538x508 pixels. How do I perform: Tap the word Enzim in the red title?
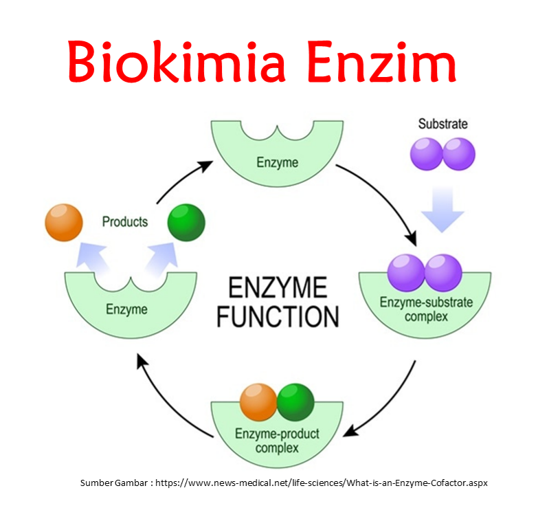coord(382,61)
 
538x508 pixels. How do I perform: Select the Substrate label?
coord(442,124)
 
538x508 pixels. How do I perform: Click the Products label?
coord(124,221)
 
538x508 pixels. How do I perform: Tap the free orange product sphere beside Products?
coord(63,222)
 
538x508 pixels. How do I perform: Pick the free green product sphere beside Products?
coord(186,222)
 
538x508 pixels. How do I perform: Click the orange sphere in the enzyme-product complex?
coord(258,402)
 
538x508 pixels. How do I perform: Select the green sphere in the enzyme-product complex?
coord(295,402)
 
